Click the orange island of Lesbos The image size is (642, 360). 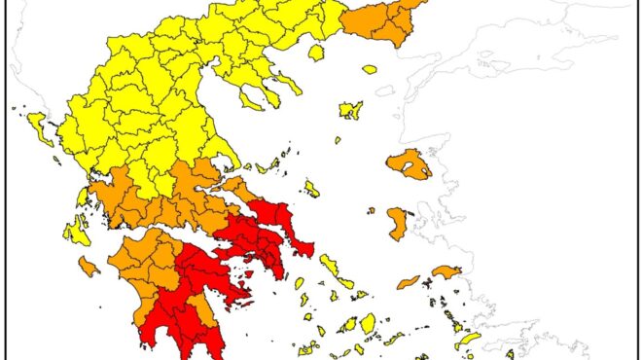(x=409, y=164)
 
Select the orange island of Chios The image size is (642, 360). (x=397, y=224)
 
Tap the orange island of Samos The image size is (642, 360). (x=446, y=272)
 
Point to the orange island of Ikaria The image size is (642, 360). (x=409, y=283)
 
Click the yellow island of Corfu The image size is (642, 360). (x=40, y=127)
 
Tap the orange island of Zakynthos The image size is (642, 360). (x=89, y=266)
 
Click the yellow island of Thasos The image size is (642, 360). (x=315, y=53)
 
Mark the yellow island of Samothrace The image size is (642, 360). (x=370, y=69)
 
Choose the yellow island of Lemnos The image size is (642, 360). (x=350, y=110)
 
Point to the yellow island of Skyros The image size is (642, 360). (x=310, y=188)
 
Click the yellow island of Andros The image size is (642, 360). (x=331, y=266)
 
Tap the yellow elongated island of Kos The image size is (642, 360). (x=468, y=340)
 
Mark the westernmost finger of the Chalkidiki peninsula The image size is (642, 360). (x=250, y=95)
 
